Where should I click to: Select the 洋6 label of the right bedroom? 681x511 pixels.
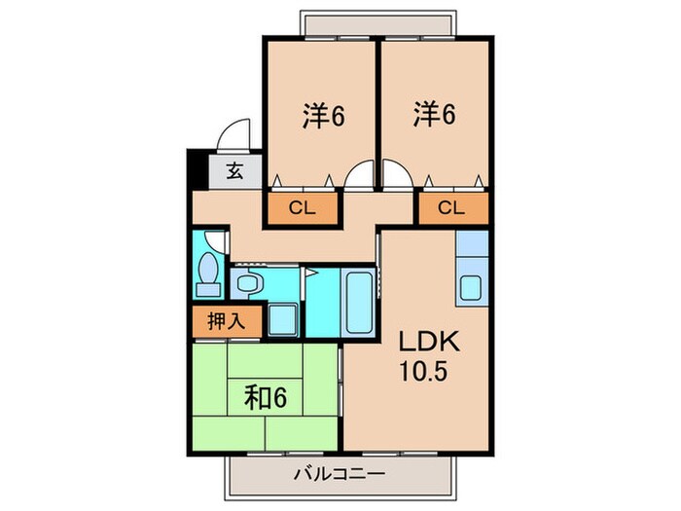coord(435,116)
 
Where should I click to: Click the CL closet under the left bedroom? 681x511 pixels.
coord(303,206)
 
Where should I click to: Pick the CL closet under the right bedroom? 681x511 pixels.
coord(452,206)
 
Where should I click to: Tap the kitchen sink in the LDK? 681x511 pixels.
coord(472,289)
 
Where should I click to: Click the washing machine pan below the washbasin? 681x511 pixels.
coord(283,319)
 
